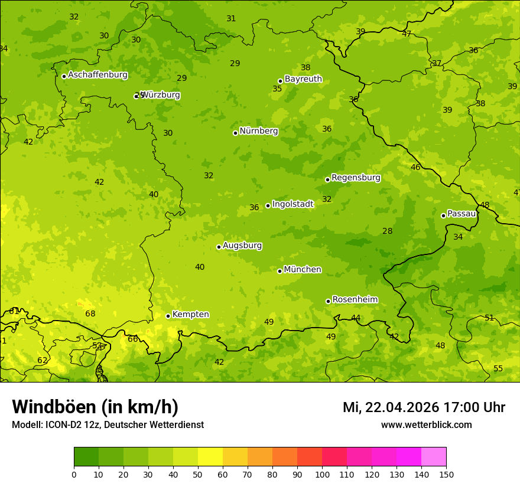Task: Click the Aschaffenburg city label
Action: [x=97, y=75]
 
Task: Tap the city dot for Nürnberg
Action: [x=235, y=133]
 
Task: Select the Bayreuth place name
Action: [x=303, y=79]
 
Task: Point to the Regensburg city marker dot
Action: [x=327, y=179]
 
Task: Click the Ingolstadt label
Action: [x=292, y=204]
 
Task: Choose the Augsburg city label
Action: [x=242, y=246]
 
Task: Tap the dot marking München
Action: [x=279, y=271]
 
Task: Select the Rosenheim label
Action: [x=355, y=300]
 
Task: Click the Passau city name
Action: [x=461, y=214]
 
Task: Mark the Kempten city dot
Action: [x=168, y=316]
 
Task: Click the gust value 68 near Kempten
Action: [x=90, y=314]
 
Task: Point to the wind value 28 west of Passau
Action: [x=387, y=231]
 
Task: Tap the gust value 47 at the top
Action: [x=407, y=34]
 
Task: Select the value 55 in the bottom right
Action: [x=498, y=369]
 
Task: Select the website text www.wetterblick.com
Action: [x=427, y=425]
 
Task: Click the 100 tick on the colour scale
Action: [x=322, y=474]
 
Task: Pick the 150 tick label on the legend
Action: [x=446, y=474]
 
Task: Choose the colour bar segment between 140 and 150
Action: [x=434, y=456]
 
